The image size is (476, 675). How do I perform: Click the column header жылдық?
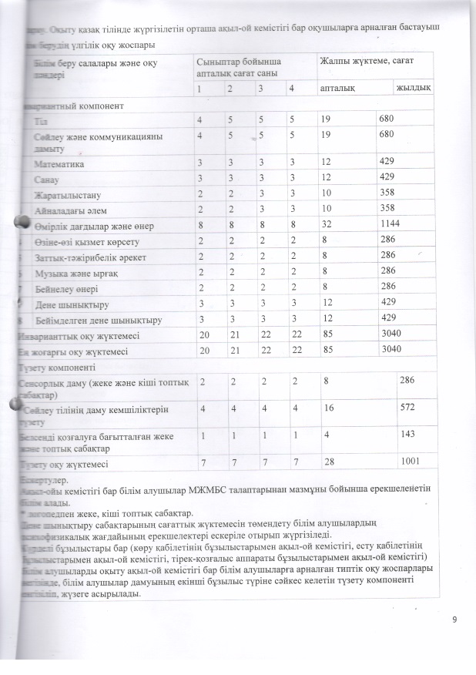[413, 89]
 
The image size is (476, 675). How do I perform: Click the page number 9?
[454, 619]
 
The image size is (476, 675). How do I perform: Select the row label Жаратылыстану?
[68, 194]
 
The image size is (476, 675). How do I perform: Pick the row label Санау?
[48, 179]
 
